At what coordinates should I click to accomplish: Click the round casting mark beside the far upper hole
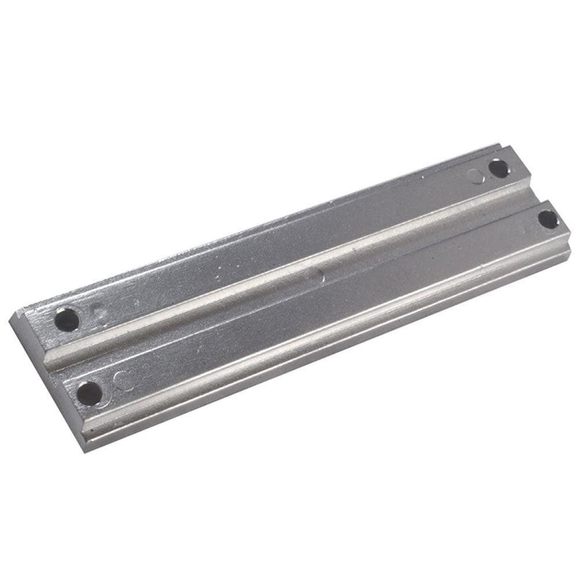point(475,175)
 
